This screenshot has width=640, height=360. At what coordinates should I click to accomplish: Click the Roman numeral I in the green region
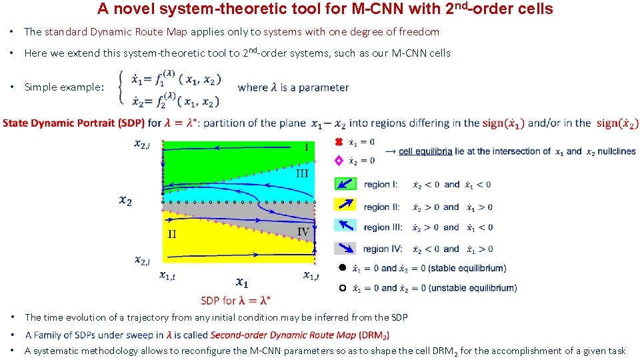[x=306, y=147]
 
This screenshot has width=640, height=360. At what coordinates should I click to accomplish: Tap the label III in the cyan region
[x=303, y=173]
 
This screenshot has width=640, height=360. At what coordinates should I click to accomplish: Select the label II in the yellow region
[x=171, y=234]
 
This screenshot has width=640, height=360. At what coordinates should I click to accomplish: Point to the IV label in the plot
[x=303, y=232]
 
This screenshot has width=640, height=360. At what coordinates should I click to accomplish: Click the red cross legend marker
[x=338, y=142]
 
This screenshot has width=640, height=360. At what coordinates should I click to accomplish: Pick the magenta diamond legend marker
[x=338, y=161]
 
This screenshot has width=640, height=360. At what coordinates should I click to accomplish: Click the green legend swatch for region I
[x=345, y=184]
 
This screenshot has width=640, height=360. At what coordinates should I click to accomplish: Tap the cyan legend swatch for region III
[x=345, y=227]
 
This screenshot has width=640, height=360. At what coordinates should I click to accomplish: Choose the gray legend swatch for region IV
[x=345, y=248]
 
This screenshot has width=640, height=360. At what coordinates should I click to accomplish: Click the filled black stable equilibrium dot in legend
[x=340, y=268]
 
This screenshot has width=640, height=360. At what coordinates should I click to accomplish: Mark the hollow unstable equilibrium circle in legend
[x=340, y=288]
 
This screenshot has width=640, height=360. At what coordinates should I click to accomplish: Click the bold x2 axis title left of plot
[x=125, y=199]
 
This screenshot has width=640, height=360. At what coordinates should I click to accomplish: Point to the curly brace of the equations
[x=120, y=87]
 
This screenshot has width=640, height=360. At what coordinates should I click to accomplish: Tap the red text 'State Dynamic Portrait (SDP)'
[x=73, y=123]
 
